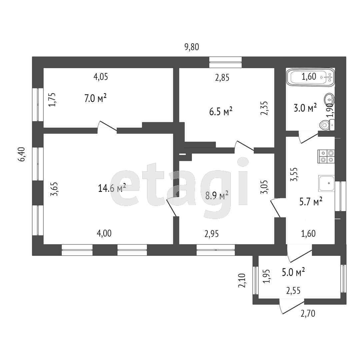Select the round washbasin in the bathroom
(330, 99)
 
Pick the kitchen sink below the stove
(326, 183)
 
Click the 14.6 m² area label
(112, 188)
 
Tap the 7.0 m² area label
(95, 98)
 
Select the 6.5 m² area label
(221, 111)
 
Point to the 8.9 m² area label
(217, 195)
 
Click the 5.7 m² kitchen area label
(311, 201)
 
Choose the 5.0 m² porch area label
(294, 272)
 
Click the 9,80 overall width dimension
(192, 47)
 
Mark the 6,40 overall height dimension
(22, 155)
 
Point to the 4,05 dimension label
(101, 77)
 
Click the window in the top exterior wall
(225, 60)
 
